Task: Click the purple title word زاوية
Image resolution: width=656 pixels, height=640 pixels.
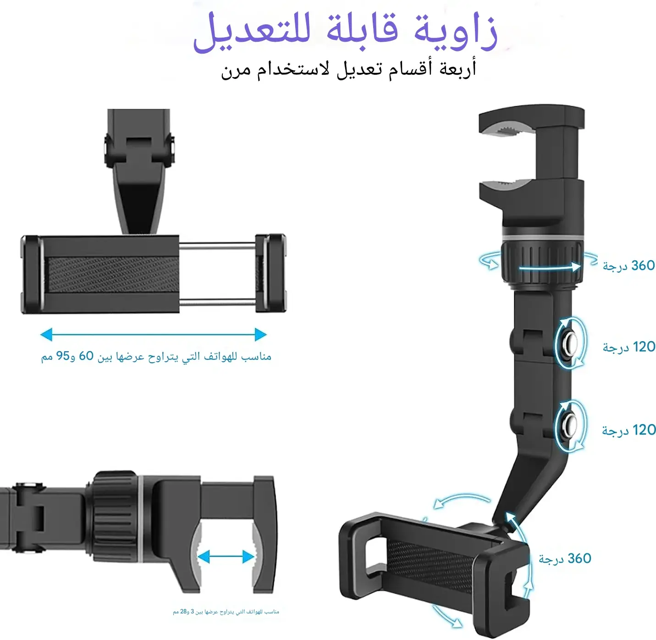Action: [x=456, y=32]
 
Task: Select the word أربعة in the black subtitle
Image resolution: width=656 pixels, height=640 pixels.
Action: [x=458, y=69]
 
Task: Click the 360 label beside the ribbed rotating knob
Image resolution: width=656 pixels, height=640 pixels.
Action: [x=643, y=265]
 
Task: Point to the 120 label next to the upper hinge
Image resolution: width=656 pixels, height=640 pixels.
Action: [x=643, y=347]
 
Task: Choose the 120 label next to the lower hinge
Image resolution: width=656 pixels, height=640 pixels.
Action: [x=644, y=430]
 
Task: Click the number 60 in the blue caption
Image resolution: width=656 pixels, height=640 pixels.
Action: [x=86, y=356]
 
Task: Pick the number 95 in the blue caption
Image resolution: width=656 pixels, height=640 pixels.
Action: [x=63, y=356]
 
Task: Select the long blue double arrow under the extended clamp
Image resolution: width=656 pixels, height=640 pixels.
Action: [x=154, y=334]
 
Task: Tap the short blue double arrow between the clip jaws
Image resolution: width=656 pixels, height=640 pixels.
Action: [x=226, y=557]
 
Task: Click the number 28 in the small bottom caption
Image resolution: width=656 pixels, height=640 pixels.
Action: [x=183, y=612]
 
